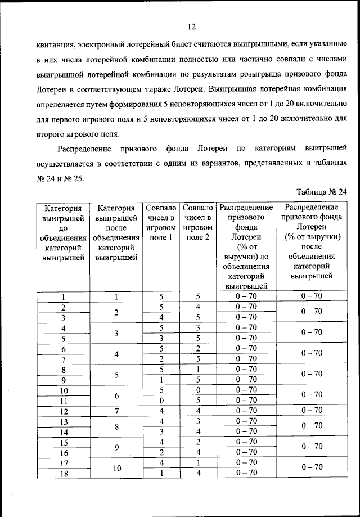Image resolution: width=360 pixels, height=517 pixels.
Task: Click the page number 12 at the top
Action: click(x=191, y=26)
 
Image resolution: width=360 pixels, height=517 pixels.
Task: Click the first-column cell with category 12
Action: click(x=64, y=411)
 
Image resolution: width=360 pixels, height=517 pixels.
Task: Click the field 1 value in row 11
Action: click(x=161, y=401)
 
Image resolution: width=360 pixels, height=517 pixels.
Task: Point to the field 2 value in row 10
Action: click(x=197, y=390)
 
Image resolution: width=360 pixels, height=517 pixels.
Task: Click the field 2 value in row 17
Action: click(x=197, y=462)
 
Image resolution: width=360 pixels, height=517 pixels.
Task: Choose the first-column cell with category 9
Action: click(x=64, y=380)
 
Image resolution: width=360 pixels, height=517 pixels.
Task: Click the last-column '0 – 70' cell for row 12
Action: click(x=311, y=411)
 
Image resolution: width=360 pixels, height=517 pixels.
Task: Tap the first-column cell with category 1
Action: click(x=64, y=297)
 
